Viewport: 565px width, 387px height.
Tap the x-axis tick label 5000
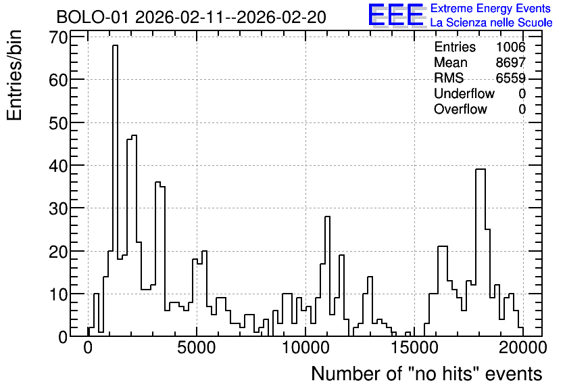point(197,348)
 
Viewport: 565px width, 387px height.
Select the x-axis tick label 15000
point(414,348)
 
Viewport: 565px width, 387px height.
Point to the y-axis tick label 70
point(58,37)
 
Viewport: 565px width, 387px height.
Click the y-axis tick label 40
point(58,166)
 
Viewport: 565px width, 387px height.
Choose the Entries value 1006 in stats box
point(510,47)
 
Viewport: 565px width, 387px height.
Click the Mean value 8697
point(510,62)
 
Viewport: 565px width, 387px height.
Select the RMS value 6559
point(510,78)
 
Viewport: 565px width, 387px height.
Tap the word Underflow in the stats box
point(464,93)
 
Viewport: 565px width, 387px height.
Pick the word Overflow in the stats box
point(460,109)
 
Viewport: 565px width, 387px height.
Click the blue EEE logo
point(396,15)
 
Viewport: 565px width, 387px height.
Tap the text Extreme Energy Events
point(491,8)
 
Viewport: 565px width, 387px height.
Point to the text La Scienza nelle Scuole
point(491,23)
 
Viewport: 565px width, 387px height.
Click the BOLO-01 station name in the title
point(92,17)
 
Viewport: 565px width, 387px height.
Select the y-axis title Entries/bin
point(14,76)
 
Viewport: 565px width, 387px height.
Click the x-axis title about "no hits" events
point(426,373)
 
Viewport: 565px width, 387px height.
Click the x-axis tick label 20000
point(523,348)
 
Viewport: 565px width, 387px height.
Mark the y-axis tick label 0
point(63,337)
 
